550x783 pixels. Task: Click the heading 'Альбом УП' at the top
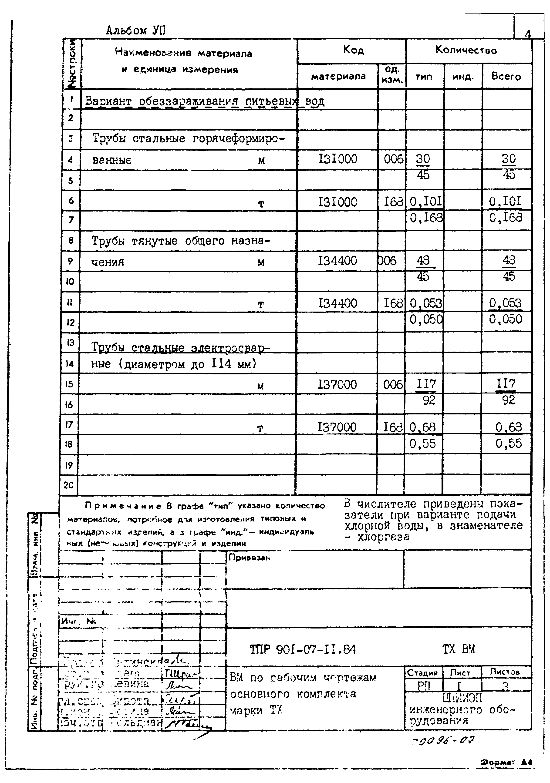coord(136,31)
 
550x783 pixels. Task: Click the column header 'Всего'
coord(506,76)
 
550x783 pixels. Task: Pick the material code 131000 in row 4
coord(337,159)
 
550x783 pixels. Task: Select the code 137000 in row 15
coord(337,385)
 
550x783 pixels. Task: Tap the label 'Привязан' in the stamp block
coord(249,558)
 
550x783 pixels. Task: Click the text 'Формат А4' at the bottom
coord(506,763)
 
